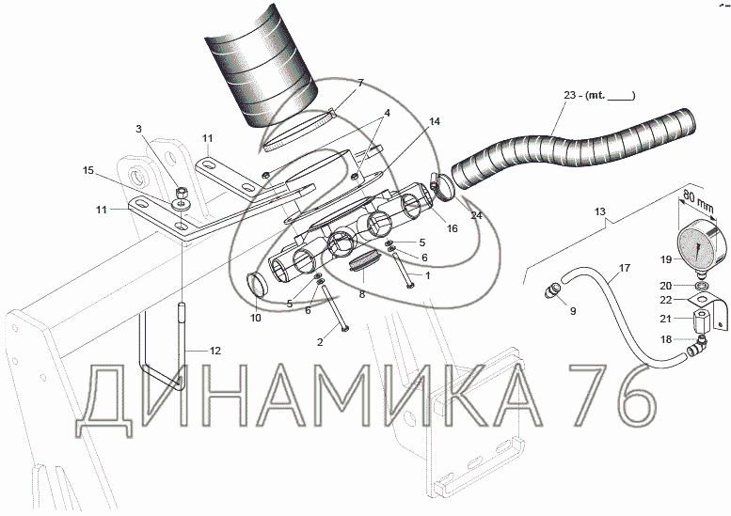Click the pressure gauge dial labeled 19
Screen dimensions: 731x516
pyautogui.click(x=701, y=245)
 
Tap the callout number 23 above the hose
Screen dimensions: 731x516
pyautogui.click(x=570, y=95)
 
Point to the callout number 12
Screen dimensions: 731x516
pyautogui.click(x=215, y=351)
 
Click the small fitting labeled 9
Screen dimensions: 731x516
pyautogui.click(x=551, y=290)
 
